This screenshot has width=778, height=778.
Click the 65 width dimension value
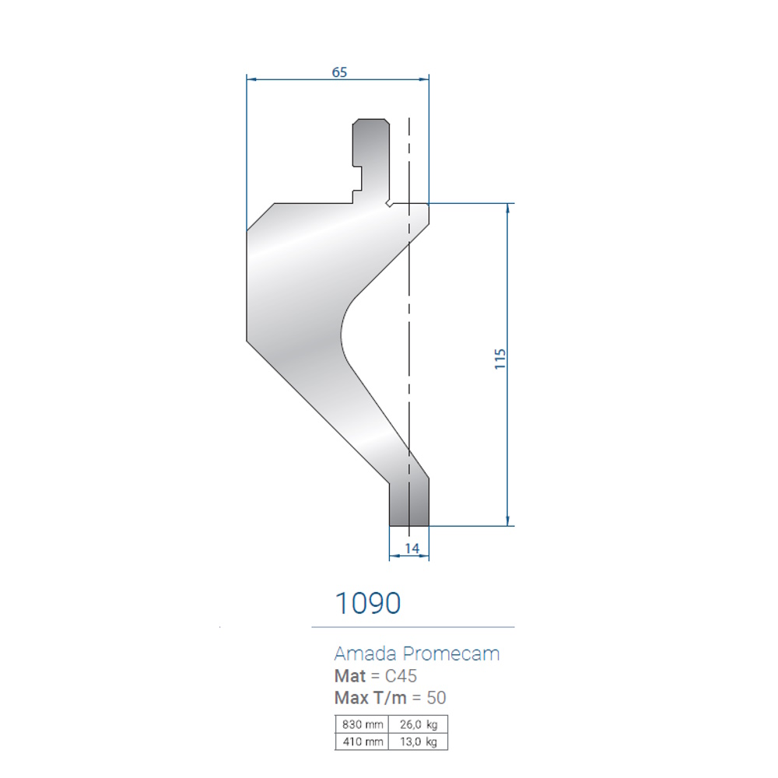(x=339, y=72)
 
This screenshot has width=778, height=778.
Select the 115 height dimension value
(x=499, y=359)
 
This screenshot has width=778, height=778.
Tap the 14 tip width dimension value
(x=412, y=548)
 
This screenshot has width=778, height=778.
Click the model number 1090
(x=368, y=603)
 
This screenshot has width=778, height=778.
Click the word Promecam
(x=451, y=654)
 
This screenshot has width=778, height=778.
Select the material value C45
(x=401, y=676)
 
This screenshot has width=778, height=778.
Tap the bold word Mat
(x=350, y=676)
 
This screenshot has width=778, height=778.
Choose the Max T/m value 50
(x=436, y=698)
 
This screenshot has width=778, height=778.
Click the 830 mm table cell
(x=362, y=724)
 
